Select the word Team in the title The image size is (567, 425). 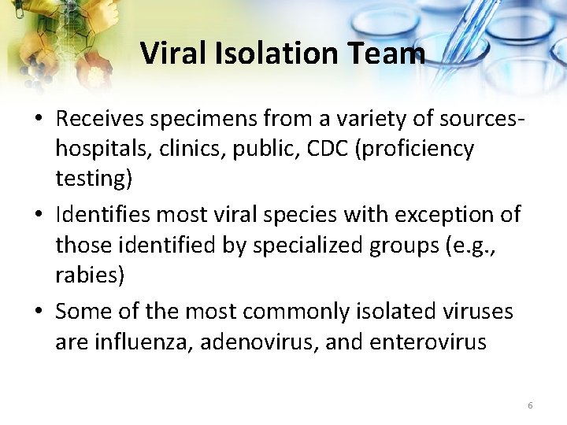(x=391, y=54)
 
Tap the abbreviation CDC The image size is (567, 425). (x=325, y=149)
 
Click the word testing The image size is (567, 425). (x=93, y=179)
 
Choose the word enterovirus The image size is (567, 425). (x=429, y=342)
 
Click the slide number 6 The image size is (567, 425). (x=530, y=405)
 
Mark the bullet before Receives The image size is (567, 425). (x=39, y=120)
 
